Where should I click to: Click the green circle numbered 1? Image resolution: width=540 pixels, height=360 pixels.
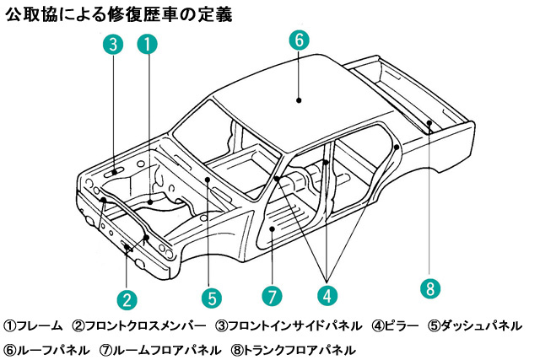[147, 45]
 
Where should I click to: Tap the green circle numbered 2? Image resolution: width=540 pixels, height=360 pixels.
[126, 298]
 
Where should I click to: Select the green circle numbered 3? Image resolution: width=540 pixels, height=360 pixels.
[114, 45]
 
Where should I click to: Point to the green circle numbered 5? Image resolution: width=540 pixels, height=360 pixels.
[211, 297]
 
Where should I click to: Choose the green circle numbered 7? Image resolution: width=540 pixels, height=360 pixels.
[270, 297]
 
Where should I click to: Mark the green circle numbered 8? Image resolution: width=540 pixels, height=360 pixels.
[429, 288]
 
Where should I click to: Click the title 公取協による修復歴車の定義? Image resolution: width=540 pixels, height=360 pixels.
[119, 14]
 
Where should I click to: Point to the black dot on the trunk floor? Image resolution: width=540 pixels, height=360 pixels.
[429, 123]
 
